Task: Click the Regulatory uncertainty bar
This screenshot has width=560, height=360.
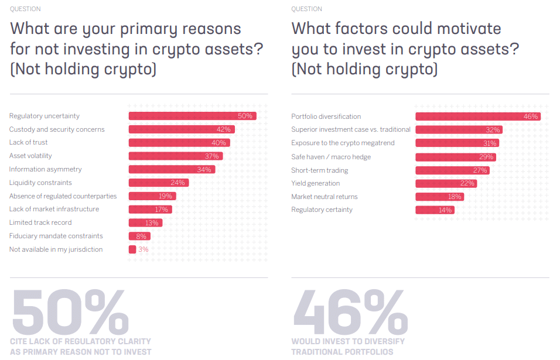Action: pyautogui.click(x=192, y=116)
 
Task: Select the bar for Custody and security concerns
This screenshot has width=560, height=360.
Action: pyautogui.click(x=181, y=129)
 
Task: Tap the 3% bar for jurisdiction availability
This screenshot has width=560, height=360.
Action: pyautogui.click(x=132, y=249)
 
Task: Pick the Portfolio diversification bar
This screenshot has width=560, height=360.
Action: pyautogui.click(x=477, y=116)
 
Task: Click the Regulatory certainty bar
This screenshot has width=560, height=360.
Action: pyautogui.click(x=434, y=210)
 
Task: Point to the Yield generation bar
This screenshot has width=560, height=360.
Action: pyautogui.click(x=445, y=183)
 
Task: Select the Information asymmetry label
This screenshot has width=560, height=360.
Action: pyautogui.click(x=46, y=169)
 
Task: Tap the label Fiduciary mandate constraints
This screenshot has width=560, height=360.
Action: pyautogui.click(x=56, y=236)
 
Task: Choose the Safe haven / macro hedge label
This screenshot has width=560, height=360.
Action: pyautogui.click(x=331, y=157)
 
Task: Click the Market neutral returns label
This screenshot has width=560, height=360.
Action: pyautogui.click(x=325, y=197)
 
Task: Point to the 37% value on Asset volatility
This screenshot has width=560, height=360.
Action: pyautogui.click(x=211, y=156)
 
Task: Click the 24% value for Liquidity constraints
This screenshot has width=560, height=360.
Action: pyautogui.click(x=177, y=183)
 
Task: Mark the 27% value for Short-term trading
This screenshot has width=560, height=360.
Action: pyautogui.click(x=480, y=170)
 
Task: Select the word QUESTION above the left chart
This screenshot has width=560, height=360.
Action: pyautogui.click(x=25, y=9)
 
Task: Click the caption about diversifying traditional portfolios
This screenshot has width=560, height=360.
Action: pyautogui.click(x=348, y=347)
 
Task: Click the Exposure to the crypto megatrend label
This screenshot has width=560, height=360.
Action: pyautogui.click(x=343, y=143)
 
